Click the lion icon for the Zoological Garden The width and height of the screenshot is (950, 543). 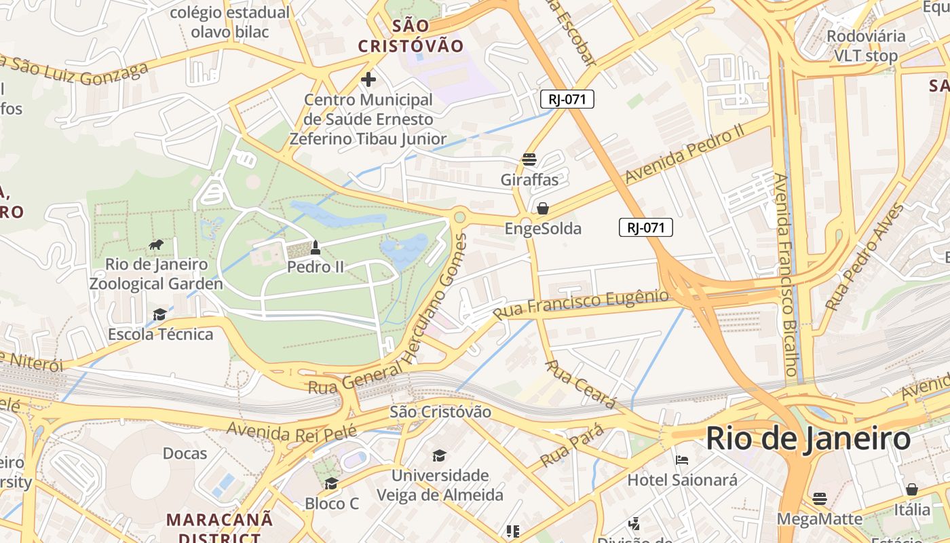coord(156,245)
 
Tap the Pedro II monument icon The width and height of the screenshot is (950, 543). coord(315,248)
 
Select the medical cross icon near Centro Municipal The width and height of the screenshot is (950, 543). coord(368,79)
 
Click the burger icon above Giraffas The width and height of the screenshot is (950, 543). coord(529,160)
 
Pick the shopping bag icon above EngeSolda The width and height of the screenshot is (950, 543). coord(543,208)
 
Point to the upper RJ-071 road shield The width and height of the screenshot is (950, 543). coord(567,99)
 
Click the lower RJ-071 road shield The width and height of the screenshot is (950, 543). coord(645,227)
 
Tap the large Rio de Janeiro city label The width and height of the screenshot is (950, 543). coord(807,438)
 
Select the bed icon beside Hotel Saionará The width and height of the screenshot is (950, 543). coord(682,460)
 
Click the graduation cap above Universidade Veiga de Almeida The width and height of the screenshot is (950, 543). coord(440,455)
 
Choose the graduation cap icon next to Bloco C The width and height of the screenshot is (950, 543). coord(331,483)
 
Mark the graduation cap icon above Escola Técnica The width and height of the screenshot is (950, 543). coord(159,314)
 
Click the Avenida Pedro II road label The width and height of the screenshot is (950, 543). coord(686,155)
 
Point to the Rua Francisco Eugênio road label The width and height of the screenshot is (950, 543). coord(581,303)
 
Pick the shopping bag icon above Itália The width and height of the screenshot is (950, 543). coord(912,489)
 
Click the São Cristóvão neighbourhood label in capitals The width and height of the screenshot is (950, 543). coord(411,36)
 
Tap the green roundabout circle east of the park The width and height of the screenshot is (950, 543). coord(459,217)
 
